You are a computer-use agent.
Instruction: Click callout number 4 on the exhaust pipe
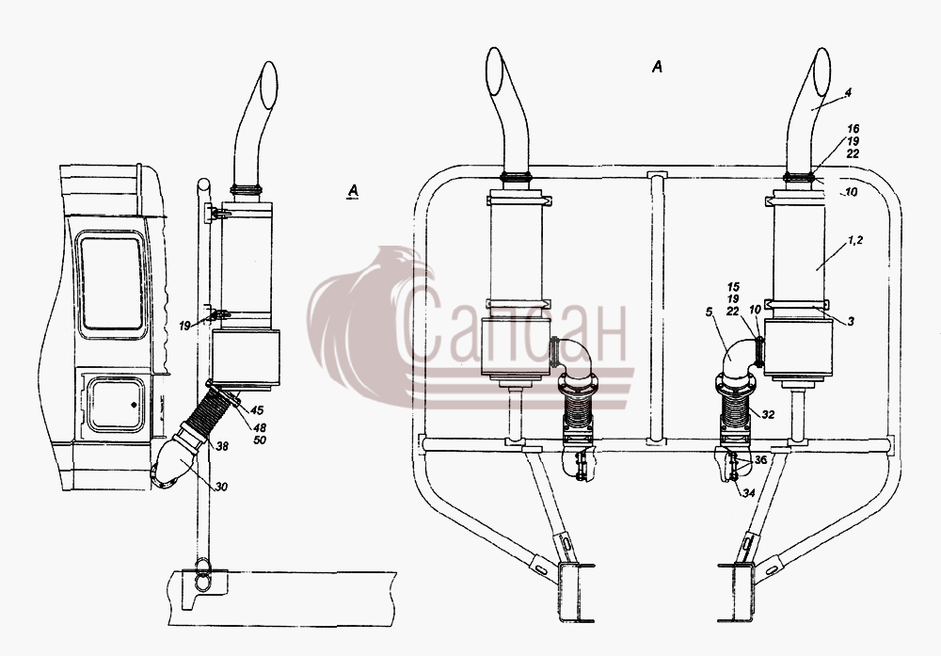click(848, 93)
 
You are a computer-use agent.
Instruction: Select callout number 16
click(853, 128)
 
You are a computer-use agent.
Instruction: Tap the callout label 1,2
click(855, 239)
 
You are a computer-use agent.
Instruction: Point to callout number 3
click(851, 322)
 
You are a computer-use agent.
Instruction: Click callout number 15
click(733, 287)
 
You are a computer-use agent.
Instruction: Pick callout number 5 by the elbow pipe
click(709, 312)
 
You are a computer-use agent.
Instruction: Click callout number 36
click(760, 459)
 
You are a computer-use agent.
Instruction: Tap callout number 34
click(748, 493)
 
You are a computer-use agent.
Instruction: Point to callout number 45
click(257, 410)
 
